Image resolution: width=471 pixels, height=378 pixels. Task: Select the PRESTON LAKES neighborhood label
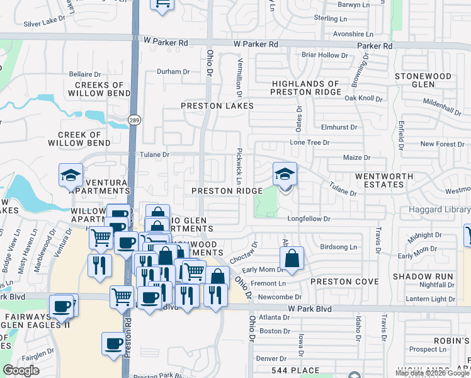217,106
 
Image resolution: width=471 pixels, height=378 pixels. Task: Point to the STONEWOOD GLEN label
423,80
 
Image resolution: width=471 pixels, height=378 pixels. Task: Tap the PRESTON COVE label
338,282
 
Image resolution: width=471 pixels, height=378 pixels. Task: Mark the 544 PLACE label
292,370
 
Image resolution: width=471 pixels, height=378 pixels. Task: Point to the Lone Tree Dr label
310,143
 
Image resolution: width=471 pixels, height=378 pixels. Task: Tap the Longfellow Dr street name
309,219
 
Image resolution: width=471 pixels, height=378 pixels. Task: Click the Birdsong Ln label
338,247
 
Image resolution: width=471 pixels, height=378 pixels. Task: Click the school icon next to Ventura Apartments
71,176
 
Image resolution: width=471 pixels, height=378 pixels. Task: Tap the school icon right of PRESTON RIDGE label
285,175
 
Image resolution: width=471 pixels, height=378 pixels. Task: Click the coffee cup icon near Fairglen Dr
113,344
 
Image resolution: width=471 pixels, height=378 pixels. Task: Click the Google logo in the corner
21,370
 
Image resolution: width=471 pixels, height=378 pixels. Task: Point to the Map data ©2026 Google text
432,373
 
